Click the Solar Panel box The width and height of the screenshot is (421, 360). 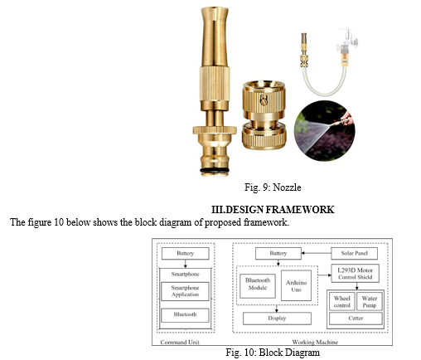tap(354, 253)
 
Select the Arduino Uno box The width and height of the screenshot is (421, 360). tap(296, 285)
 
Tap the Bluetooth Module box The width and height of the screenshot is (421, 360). tap(258, 286)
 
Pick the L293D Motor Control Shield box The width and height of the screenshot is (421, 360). tap(355, 274)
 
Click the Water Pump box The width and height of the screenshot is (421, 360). tap(370, 302)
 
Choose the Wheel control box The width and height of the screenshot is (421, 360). tap(342, 302)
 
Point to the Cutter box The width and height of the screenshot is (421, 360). tap(356, 319)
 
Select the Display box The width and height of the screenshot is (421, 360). tap(277, 319)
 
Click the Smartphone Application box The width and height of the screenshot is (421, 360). tap(185, 291)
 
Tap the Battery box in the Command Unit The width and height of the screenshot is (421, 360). tap(185, 253)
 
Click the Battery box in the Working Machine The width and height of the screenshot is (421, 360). tap(278, 253)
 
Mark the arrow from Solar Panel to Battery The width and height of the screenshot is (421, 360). tap(317, 253)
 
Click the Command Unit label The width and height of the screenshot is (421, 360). tap(180, 342)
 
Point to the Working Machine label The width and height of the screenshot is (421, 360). tap(315, 342)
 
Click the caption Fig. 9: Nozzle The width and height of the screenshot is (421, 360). tap(273, 187)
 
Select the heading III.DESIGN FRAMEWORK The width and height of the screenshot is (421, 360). tap(273, 210)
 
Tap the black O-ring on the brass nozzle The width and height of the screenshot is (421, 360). tap(215, 170)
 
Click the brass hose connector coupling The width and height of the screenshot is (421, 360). tap(264, 115)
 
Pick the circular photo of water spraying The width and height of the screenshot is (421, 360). tap(324, 130)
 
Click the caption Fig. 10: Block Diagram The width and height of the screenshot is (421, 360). tap(273, 353)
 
